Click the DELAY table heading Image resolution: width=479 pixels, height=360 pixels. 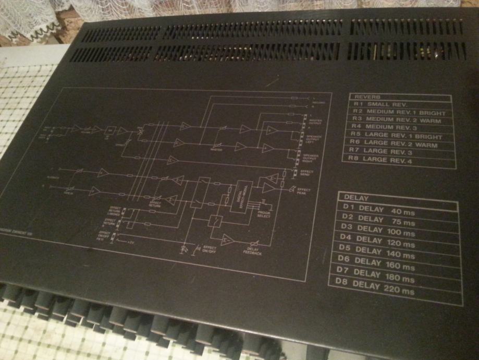coord(357,198)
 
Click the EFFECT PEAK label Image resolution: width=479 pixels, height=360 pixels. coord(303,191)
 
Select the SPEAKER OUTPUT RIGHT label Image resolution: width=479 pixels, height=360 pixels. coord(303,157)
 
